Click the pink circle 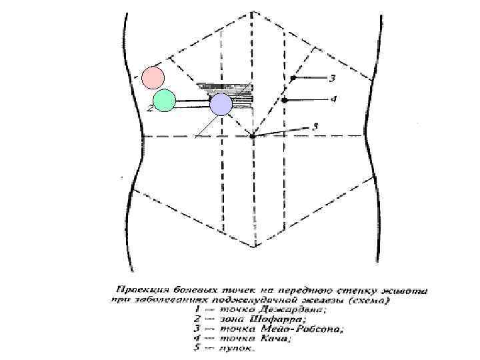(x=153, y=77)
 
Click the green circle (x=164, y=100)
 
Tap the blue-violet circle (x=220, y=104)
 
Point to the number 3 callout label (x=333, y=79)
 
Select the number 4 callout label (x=333, y=99)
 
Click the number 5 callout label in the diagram (x=315, y=125)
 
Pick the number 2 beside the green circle (x=150, y=108)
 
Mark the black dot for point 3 (x=292, y=79)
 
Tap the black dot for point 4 (x=285, y=100)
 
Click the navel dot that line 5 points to (x=253, y=137)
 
